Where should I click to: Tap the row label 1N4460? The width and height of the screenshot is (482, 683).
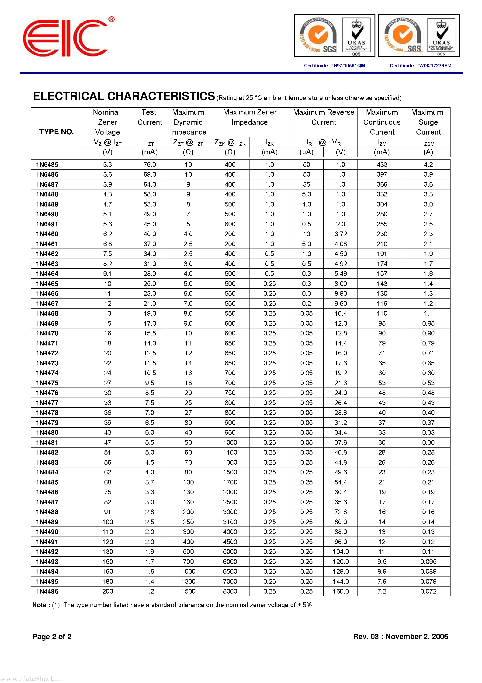click(x=47, y=234)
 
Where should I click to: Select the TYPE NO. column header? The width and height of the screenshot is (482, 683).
click(x=56, y=132)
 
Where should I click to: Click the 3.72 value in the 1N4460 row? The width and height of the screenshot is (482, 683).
click(x=340, y=234)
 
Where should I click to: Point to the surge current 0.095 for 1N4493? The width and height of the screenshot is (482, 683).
click(x=428, y=561)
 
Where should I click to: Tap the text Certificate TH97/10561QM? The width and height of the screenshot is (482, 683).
click(x=334, y=66)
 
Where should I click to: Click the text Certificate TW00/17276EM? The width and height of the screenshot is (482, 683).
click(x=420, y=66)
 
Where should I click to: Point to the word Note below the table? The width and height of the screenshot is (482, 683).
click(x=39, y=605)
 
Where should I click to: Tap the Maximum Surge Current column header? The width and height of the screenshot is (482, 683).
click(x=428, y=122)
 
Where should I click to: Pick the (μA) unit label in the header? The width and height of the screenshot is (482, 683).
click(x=306, y=152)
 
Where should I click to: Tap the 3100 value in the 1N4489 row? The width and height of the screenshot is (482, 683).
click(x=230, y=522)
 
